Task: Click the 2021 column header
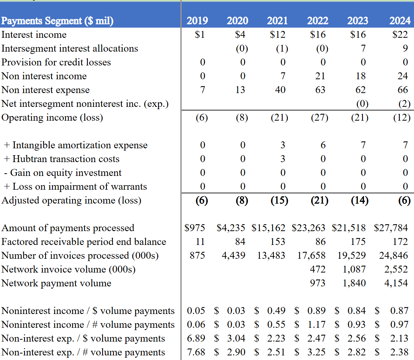coord(277,21)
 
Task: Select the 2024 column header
coord(400,21)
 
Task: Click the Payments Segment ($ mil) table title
coord(57,21)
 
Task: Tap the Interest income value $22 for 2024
coord(400,35)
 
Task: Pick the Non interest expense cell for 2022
coord(320,90)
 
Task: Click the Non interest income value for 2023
coord(360,76)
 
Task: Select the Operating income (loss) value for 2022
coord(320,117)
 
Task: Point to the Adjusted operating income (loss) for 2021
coord(279,200)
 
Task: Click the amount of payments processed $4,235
coord(231,228)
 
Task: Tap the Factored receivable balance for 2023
coord(358,242)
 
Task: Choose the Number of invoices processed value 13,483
coord(271,255)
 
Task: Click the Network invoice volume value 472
coord(318,269)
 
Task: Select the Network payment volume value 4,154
coord(396,283)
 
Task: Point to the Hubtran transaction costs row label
coord(62,159)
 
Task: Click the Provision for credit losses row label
coord(56,62)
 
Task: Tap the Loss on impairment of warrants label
coord(75,186)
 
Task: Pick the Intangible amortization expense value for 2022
coord(323,145)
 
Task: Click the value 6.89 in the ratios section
coord(196,338)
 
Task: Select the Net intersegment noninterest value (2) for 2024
coord(404,104)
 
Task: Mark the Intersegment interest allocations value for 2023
coord(363,48)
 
